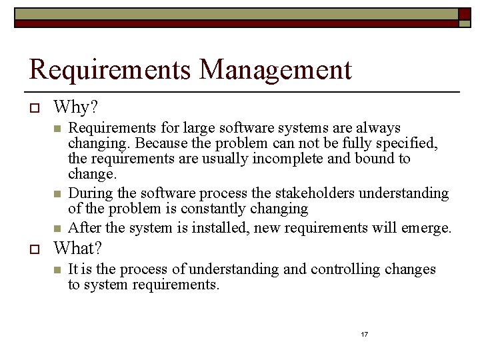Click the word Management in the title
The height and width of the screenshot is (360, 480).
(x=275, y=69)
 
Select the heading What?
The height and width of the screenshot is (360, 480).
(x=78, y=249)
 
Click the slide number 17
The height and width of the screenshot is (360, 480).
(x=364, y=334)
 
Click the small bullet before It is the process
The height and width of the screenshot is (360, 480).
(x=58, y=270)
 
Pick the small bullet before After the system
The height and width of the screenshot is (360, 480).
(x=58, y=228)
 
